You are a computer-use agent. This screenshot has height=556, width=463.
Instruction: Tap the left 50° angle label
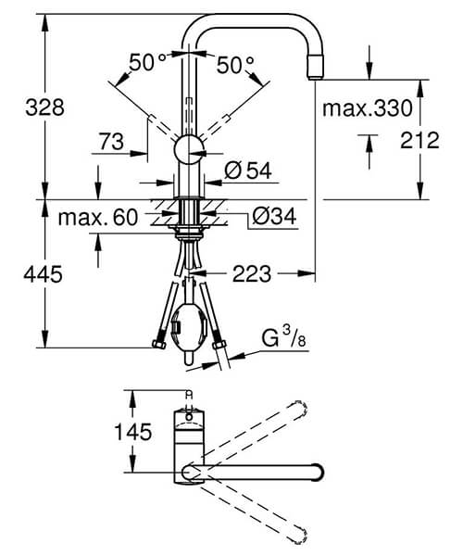click(147, 64)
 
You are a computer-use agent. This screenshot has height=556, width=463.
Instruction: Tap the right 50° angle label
click(236, 64)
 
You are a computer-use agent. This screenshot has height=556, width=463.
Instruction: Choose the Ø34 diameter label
click(274, 219)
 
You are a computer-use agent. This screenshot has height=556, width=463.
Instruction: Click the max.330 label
click(367, 109)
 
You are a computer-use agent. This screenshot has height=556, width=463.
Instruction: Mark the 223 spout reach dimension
click(252, 273)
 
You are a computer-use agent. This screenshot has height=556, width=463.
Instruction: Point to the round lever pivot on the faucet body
click(191, 148)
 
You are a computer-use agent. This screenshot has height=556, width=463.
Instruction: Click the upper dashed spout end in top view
click(298, 408)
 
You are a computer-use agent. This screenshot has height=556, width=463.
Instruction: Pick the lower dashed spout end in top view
click(298, 536)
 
